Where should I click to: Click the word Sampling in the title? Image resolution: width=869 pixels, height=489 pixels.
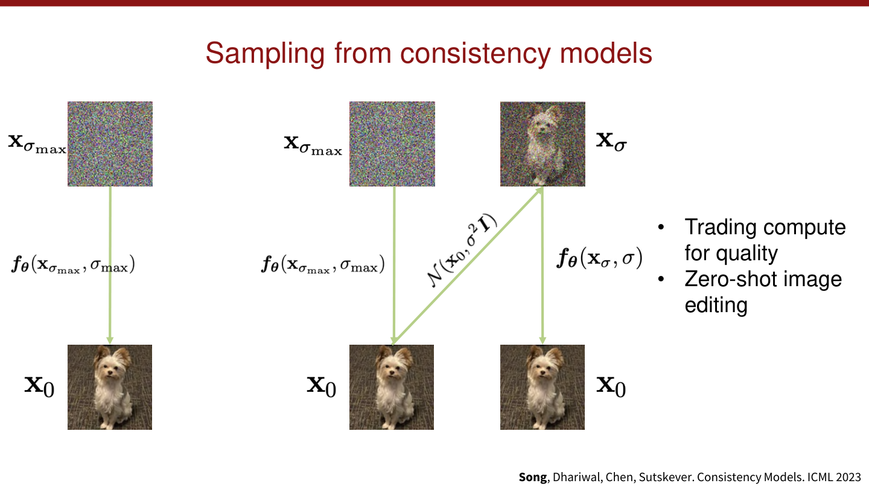pos(266,54)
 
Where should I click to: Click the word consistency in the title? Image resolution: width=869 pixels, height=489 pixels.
pos(476,54)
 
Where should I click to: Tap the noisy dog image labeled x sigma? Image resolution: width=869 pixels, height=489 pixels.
pos(543,144)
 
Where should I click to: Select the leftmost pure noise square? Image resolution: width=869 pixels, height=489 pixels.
pos(110,144)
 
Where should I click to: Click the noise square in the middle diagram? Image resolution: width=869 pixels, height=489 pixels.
pos(392,144)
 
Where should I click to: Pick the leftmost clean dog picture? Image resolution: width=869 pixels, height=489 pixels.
pos(110,387)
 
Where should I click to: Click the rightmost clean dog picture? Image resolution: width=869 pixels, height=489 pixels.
pos(543,387)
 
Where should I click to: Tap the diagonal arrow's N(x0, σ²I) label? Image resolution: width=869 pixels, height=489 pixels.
pos(462,251)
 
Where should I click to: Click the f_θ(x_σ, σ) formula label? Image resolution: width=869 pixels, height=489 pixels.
pos(599,258)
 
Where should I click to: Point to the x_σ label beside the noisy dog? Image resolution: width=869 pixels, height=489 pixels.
pos(611,141)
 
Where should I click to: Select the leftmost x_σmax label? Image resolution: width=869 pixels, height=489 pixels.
pos(37,144)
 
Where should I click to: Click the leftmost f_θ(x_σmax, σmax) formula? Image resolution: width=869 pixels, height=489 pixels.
pos(74,264)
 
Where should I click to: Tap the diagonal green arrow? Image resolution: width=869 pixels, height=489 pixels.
pos(468,266)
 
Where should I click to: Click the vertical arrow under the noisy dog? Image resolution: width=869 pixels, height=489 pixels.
pos(543,266)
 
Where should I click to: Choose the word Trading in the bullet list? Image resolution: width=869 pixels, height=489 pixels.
pos(720,228)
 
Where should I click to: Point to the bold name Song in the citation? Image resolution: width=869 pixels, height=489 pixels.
pos(533,477)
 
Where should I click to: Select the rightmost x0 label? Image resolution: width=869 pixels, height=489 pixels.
pos(611,386)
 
